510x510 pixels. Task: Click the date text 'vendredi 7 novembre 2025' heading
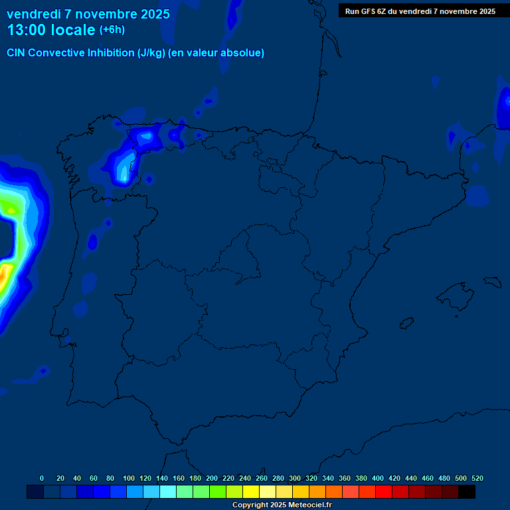(88, 14)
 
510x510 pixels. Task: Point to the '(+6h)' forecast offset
(112, 30)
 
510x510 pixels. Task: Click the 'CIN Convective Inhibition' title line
(135, 53)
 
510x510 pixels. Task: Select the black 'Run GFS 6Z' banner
(420, 11)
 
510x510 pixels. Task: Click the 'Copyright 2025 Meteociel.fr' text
(282, 505)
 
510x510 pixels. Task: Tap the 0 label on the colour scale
(42, 478)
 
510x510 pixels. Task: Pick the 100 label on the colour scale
(129, 478)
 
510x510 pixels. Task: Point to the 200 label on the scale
(212, 478)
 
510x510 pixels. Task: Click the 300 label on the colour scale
(295, 478)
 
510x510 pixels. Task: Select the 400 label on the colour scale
(378, 478)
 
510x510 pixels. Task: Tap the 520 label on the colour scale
(477, 478)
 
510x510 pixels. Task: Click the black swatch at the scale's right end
(467, 491)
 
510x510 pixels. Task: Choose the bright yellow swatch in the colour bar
(251, 491)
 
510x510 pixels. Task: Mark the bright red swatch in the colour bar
(384, 491)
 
